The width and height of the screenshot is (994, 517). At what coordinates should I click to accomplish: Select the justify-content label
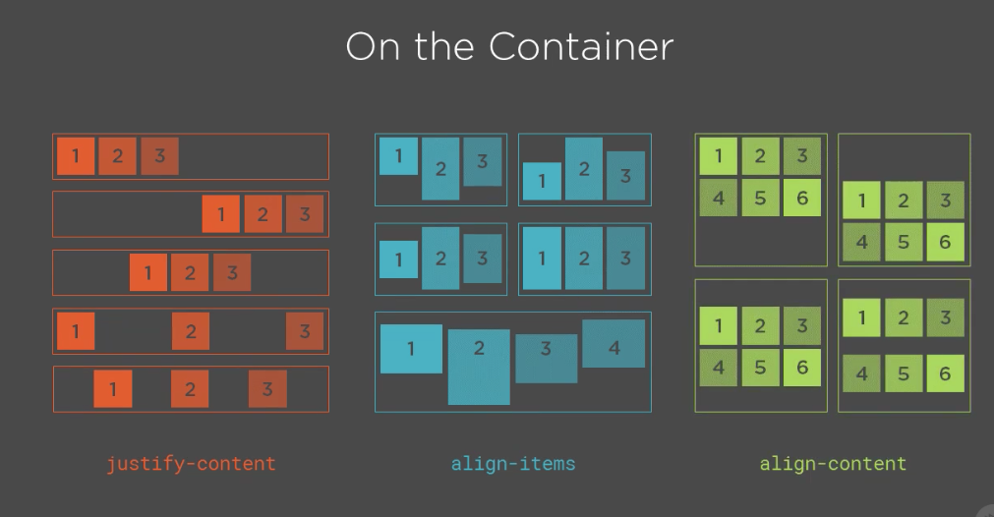(191, 464)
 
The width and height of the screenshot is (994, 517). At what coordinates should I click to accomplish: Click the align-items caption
(513, 464)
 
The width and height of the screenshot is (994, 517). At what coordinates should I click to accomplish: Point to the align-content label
(833, 464)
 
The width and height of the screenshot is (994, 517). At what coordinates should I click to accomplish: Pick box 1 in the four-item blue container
(411, 349)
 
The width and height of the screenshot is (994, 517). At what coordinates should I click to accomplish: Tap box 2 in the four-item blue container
(479, 367)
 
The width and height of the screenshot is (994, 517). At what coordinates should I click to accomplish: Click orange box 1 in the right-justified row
(221, 214)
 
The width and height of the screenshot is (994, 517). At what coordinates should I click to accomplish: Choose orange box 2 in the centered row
(190, 272)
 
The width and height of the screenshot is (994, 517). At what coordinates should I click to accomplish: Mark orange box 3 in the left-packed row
(159, 156)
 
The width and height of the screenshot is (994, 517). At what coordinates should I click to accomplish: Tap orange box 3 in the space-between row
(305, 331)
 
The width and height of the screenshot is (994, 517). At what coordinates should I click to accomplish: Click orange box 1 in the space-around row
(113, 389)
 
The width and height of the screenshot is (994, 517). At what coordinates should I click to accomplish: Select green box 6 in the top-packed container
(802, 199)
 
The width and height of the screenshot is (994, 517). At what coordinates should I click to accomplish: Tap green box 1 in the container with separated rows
(862, 317)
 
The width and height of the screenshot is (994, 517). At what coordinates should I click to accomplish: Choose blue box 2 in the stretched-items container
(584, 258)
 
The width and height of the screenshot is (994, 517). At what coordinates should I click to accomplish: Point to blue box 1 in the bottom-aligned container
(542, 181)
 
